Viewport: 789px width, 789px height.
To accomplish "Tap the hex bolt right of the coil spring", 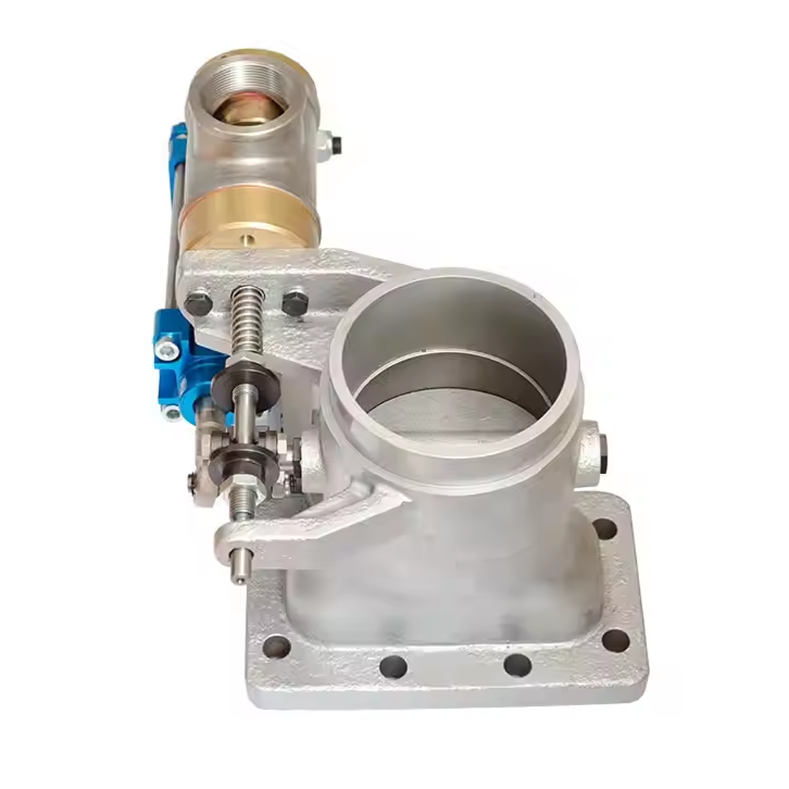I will coord(294,301).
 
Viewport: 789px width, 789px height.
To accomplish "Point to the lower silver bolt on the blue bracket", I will coord(173,411).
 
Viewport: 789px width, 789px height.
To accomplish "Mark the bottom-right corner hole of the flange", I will coord(615,641).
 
